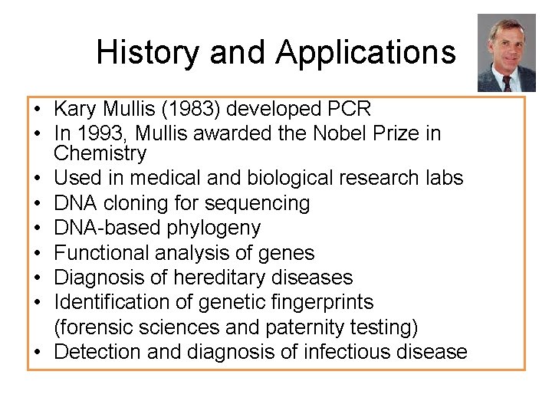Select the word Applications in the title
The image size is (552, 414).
366,52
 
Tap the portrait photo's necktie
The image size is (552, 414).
506,81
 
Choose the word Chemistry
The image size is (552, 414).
100,153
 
